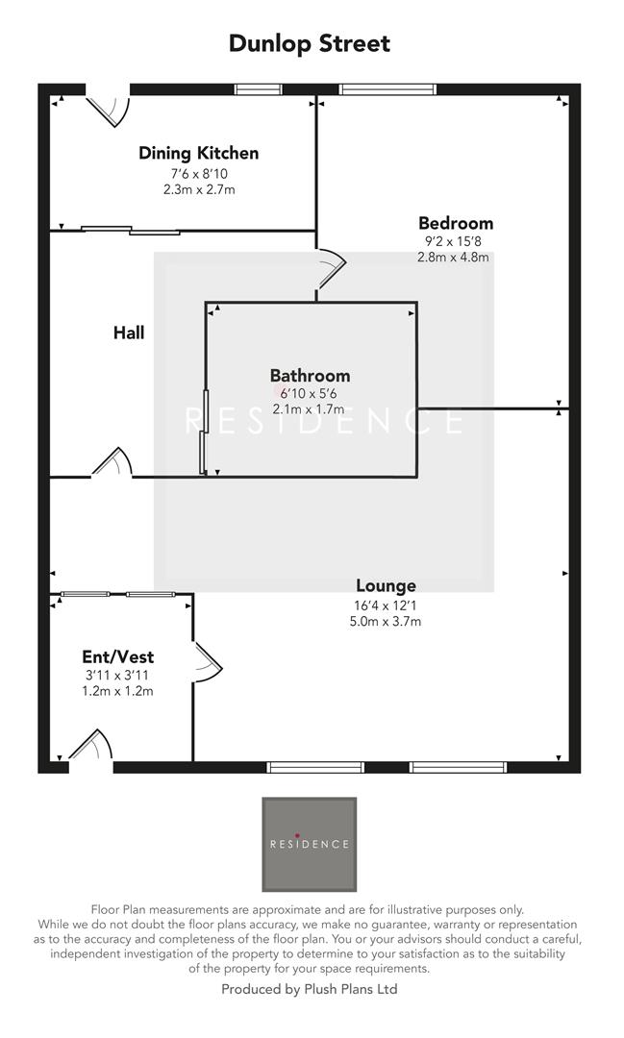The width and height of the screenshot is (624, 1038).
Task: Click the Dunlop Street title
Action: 310,43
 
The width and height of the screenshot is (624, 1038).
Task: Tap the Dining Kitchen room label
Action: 198,153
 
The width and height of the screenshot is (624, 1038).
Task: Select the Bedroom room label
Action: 455,224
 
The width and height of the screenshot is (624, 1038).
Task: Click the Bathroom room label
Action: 310,376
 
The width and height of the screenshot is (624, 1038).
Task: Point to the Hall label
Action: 129,333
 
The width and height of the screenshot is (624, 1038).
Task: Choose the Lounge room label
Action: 386,585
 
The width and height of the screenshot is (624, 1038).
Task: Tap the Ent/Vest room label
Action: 117,657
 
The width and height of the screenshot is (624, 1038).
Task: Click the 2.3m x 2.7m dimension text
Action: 199,189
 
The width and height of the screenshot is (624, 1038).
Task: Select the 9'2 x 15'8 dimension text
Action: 455,241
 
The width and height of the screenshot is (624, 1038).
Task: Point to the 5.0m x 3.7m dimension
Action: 387,621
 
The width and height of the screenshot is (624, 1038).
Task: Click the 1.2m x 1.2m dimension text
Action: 118,690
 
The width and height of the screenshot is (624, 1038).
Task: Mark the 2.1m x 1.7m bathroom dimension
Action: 309,409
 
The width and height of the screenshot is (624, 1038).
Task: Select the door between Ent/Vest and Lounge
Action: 206,661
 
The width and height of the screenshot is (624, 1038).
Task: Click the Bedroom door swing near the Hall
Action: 329,268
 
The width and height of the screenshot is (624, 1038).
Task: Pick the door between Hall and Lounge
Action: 112,464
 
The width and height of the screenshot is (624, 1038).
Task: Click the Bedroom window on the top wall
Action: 387,89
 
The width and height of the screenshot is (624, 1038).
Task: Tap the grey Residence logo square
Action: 309,844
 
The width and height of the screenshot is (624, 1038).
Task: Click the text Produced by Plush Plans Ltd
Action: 310,988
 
